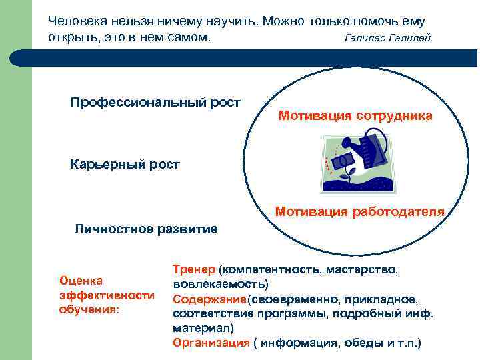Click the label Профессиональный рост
click(x=155, y=102)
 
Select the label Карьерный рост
click(x=125, y=165)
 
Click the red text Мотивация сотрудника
click(x=355, y=116)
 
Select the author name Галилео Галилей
click(x=387, y=38)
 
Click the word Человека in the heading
click(x=76, y=21)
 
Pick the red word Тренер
click(x=194, y=269)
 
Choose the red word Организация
click(x=211, y=343)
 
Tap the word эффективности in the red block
click(x=107, y=295)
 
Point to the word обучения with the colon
click(x=89, y=309)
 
